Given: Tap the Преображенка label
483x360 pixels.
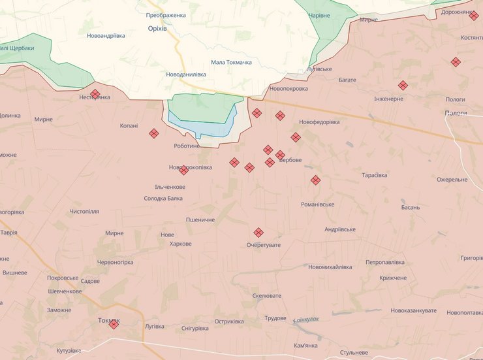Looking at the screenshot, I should [x=166, y=15].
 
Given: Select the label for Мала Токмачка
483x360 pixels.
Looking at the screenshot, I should [x=231, y=63].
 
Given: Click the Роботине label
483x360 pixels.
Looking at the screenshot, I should [x=187, y=146].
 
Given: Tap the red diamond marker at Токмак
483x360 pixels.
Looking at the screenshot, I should [x=114, y=324].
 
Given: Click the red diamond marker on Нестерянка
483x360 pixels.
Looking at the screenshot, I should [x=95, y=94].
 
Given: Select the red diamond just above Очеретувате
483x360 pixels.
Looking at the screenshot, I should [x=258, y=232].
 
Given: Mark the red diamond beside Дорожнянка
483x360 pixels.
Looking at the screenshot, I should [x=474, y=16].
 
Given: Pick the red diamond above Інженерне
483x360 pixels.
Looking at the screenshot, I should [x=403, y=85].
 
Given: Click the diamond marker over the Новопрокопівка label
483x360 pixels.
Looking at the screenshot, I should [x=183, y=170].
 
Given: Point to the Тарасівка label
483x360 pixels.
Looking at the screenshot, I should [x=374, y=175].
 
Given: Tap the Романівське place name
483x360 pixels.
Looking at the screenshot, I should [x=317, y=205].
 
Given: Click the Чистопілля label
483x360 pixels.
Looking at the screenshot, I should [x=84, y=212].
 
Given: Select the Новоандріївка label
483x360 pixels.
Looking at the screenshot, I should [x=106, y=36].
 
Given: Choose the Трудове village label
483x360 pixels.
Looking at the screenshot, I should [x=275, y=318].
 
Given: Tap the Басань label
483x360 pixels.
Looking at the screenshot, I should [x=411, y=207].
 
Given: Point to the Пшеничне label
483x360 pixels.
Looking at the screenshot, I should [x=200, y=220].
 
